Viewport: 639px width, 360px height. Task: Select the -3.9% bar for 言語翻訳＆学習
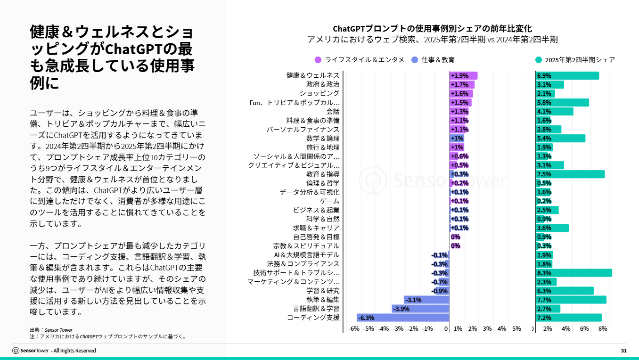(x=420, y=309)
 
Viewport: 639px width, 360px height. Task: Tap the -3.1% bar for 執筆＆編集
(x=426, y=300)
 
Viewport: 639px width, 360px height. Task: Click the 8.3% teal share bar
(x=573, y=273)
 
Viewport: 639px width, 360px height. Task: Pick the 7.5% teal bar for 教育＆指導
(x=570, y=174)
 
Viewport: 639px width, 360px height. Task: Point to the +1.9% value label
(x=459, y=76)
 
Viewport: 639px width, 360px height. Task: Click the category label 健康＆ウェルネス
(x=313, y=75)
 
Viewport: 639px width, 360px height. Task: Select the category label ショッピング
(x=319, y=93)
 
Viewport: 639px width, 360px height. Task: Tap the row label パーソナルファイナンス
(x=303, y=130)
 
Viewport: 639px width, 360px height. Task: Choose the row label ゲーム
(x=330, y=201)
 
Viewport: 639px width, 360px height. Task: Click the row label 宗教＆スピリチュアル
(x=306, y=246)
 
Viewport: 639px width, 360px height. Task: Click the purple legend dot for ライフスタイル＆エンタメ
(x=318, y=60)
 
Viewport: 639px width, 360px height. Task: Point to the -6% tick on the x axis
(x=353, y=328)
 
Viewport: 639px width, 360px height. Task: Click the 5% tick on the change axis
(x=516, y=328)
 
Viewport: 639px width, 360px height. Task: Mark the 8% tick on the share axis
(x=602, y=328)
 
